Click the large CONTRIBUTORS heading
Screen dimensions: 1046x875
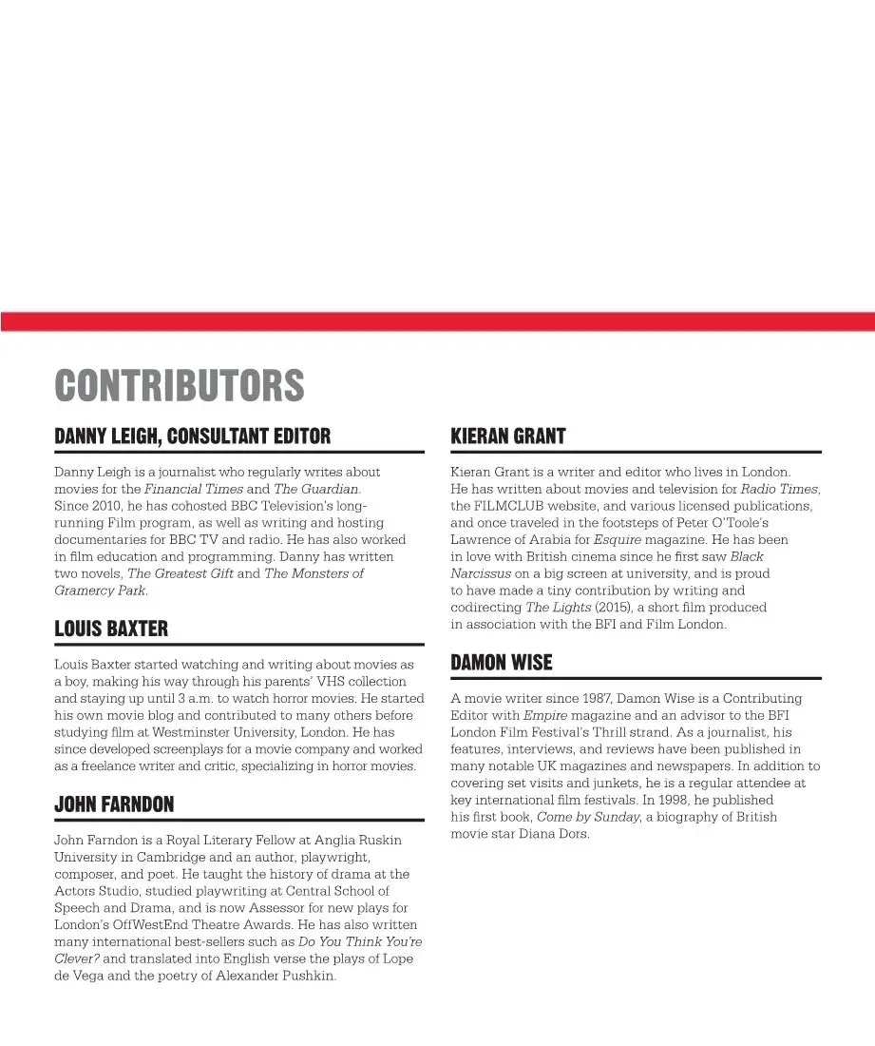click(x=180, y=386)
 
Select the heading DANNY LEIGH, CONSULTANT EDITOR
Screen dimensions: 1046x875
click(x=193, y=436)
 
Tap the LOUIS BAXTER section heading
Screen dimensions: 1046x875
click(x=111, y=629)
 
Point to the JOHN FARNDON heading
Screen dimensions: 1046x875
click(x=114, y=805)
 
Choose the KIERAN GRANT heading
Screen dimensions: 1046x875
click(x=507, y=436)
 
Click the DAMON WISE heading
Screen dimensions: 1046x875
click(x=501, y=663)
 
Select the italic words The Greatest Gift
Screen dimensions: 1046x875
click(x=180, y=573)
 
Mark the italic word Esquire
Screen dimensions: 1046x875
click(x=618, y=539)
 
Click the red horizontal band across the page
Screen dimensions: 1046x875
click(x=437, y=321)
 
